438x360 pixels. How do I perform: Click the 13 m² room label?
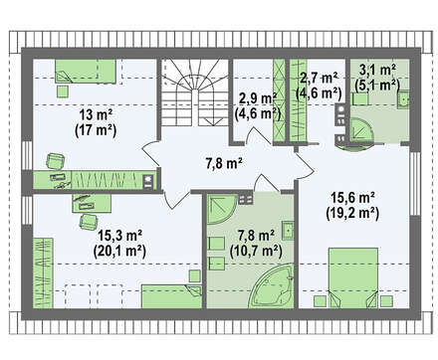96,115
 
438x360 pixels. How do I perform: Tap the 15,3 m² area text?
120,236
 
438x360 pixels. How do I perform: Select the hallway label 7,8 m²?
224,163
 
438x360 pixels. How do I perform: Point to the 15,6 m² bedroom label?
352,198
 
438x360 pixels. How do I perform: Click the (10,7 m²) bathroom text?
256,251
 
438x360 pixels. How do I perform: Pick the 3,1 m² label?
377,70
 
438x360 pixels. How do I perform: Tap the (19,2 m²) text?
352,213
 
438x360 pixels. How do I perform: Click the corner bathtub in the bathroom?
273,286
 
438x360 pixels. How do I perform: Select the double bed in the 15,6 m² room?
353,277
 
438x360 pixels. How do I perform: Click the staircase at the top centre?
196,92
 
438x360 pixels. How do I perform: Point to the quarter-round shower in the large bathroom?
222,209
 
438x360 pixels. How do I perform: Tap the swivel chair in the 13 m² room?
56,161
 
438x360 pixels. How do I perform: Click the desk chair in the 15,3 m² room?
89,221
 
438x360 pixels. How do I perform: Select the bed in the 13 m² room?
86,71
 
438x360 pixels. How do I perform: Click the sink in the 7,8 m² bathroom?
288,231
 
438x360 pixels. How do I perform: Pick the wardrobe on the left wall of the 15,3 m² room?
44,272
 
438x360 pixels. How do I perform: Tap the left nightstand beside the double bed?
321,301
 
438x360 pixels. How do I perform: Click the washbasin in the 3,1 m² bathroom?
403,99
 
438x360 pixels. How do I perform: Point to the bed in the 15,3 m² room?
171,296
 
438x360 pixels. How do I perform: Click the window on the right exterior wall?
415,183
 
